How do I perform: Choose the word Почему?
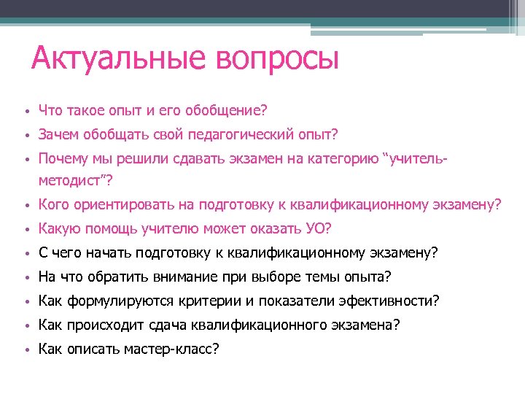coord(63,158)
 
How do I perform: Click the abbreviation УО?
coord(316,229)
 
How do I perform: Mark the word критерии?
coord(231,301)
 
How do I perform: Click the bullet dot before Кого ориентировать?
coord(25,206)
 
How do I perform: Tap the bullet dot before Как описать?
coord(25,349)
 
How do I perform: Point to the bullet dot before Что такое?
coord(25,112)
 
